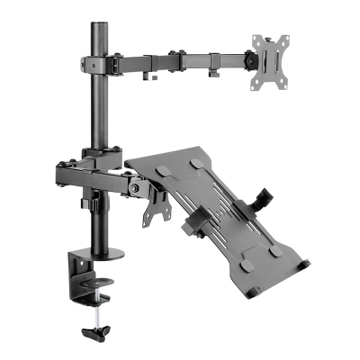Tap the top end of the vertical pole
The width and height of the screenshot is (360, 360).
(96, 21)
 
